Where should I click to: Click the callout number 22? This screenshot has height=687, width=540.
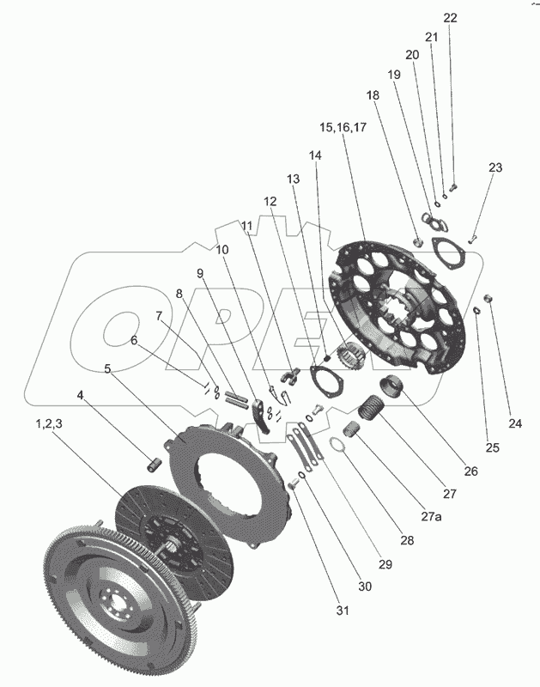point(451,17)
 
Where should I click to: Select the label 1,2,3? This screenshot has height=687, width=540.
point(51,424)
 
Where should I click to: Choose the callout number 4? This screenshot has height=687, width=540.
point(81,396)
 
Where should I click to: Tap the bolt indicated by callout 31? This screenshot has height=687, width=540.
point(294,486)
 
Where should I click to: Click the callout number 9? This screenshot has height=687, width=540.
point(200,274)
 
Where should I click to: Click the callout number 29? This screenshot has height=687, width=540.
point(385,564)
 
